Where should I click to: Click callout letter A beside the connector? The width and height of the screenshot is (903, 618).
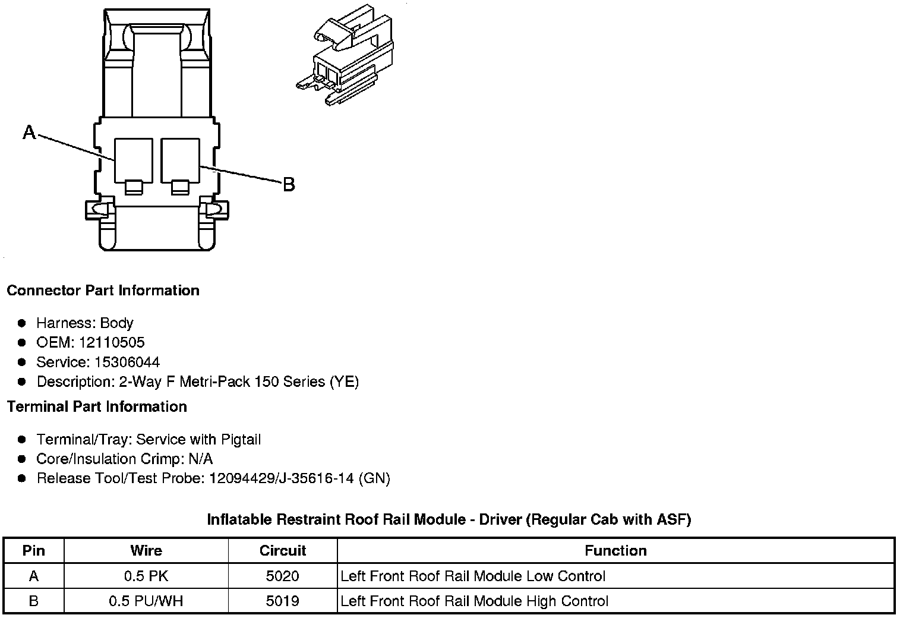[x=29, y=132]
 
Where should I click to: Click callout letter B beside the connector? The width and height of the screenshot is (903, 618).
[x=289, y=185]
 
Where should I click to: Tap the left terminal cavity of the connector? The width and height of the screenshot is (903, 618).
[x=134, y=160]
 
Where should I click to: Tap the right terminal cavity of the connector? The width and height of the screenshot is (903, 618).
[x=180, y=160]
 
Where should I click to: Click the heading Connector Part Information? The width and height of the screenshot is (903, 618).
[x=103, y=291]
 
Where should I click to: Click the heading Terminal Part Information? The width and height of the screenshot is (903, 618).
[x=97, y=407]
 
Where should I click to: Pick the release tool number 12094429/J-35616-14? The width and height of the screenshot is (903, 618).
[x=282, y=478]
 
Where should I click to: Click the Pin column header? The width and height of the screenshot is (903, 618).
[x=33, y=550]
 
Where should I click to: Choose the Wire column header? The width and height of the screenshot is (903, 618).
[x=146, y=550]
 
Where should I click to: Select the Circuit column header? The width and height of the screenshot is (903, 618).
[x=283, y=550]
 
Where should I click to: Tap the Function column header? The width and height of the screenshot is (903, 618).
[x=615, y=550]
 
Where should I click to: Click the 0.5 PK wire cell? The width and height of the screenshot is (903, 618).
[x=146, y=576]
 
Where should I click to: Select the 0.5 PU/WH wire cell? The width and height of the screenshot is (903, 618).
[x=146, y=601]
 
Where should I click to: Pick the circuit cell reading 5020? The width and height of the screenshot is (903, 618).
[x=283, y=576]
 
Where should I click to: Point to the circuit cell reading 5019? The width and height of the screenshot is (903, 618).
[x=283, y=601]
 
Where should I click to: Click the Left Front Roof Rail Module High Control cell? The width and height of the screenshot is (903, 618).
[x=475, y=601]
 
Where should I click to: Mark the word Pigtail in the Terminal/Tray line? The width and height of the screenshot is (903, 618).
[x=241, y=440]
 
